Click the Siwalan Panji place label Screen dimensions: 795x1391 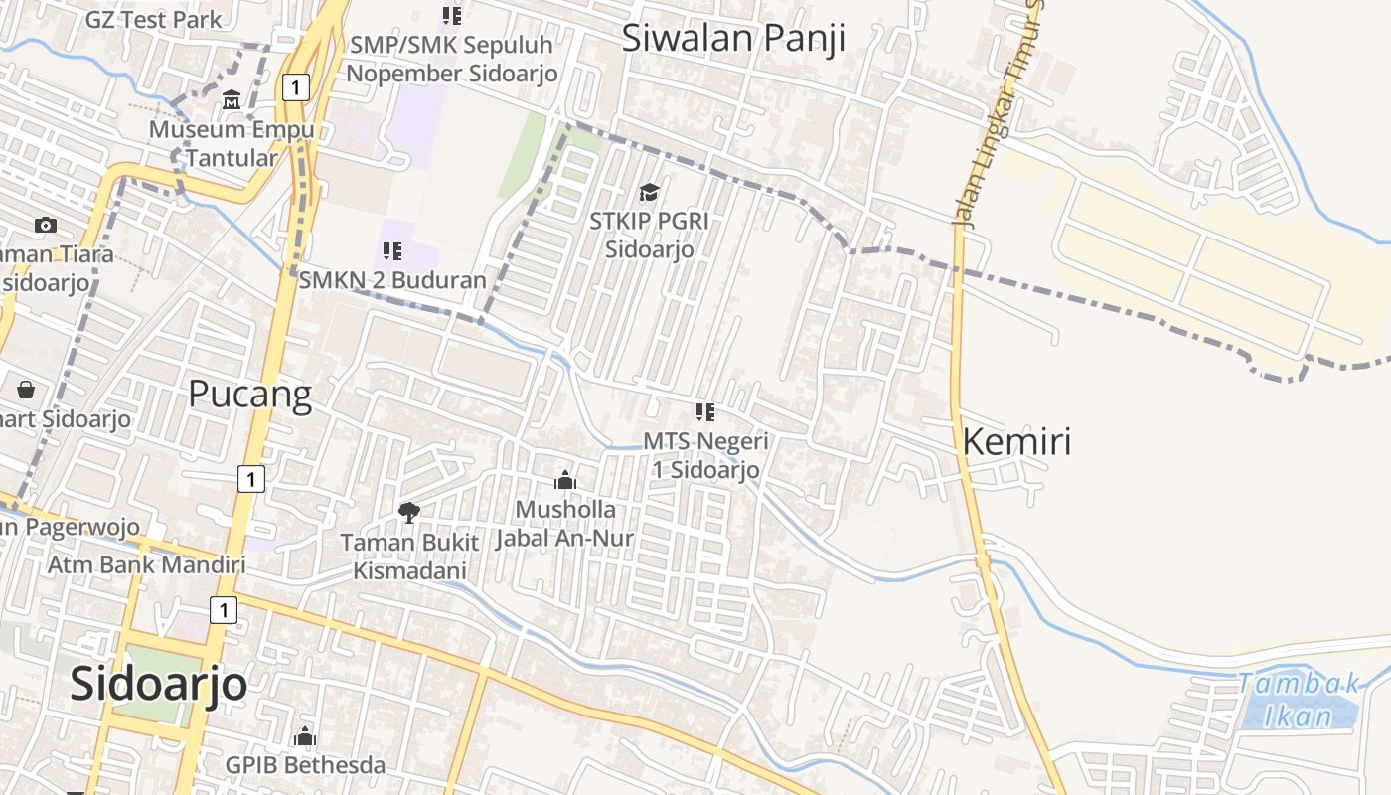click(x=733, y=38)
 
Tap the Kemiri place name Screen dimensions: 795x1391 click(x=1017, y=441)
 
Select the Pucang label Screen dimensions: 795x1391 click(x=249, y=395)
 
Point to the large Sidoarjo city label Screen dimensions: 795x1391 click(x=159, y=684)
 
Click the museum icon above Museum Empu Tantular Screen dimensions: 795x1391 click(x=232, y=100)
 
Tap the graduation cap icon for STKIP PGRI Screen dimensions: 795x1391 click(x=649, y=192)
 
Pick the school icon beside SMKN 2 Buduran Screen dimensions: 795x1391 click(x=391, y=251)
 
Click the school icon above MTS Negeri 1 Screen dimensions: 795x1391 click(x=705, y=411)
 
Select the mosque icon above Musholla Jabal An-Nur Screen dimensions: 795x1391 click(x=565, y=481)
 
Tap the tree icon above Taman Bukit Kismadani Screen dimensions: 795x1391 click(x=408, y=513)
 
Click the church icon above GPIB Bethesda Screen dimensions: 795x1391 click(x=305, y=736)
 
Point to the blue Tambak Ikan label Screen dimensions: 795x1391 click(x=1300, y=699)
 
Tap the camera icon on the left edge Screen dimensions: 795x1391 click(x=46, y=226)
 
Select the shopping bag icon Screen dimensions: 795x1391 click(x=26, y=390)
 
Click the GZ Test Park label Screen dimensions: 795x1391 click(x=153, y=19)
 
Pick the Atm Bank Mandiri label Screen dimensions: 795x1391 click(x=147, y=565)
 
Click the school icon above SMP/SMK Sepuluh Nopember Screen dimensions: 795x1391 click(x=452, y=16)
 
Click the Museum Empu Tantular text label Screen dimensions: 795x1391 click(x=232, y=143)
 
